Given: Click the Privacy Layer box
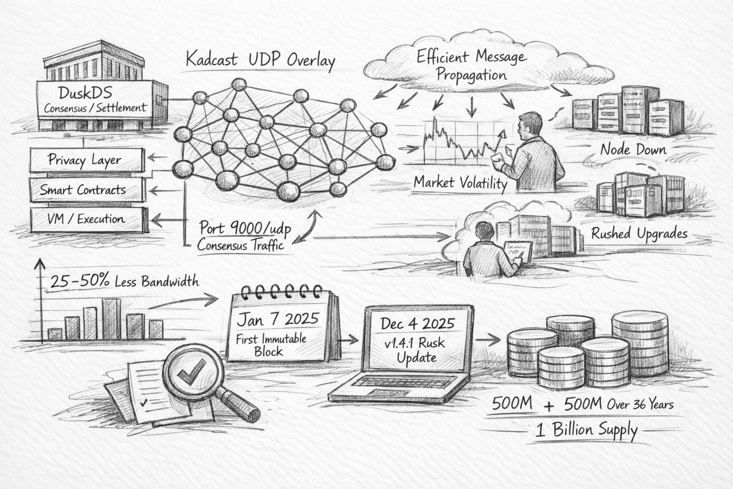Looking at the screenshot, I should click(x=86, y=160).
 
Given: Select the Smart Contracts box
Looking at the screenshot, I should click(x=86, y=190).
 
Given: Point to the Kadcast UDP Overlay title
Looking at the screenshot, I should click(x=260, y=61).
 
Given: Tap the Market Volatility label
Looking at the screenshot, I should click(x=460, y=182).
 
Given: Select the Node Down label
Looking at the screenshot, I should click(x=633, y=149).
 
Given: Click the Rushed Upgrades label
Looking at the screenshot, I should click(x=639, y=234).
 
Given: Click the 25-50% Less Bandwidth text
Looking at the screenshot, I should click(x=124, y=281).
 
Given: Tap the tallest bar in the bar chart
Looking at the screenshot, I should click(x=111, y=319).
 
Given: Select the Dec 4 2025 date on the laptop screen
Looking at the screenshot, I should click(x=418, y=323).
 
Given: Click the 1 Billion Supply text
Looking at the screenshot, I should click(x=586, y=430).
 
